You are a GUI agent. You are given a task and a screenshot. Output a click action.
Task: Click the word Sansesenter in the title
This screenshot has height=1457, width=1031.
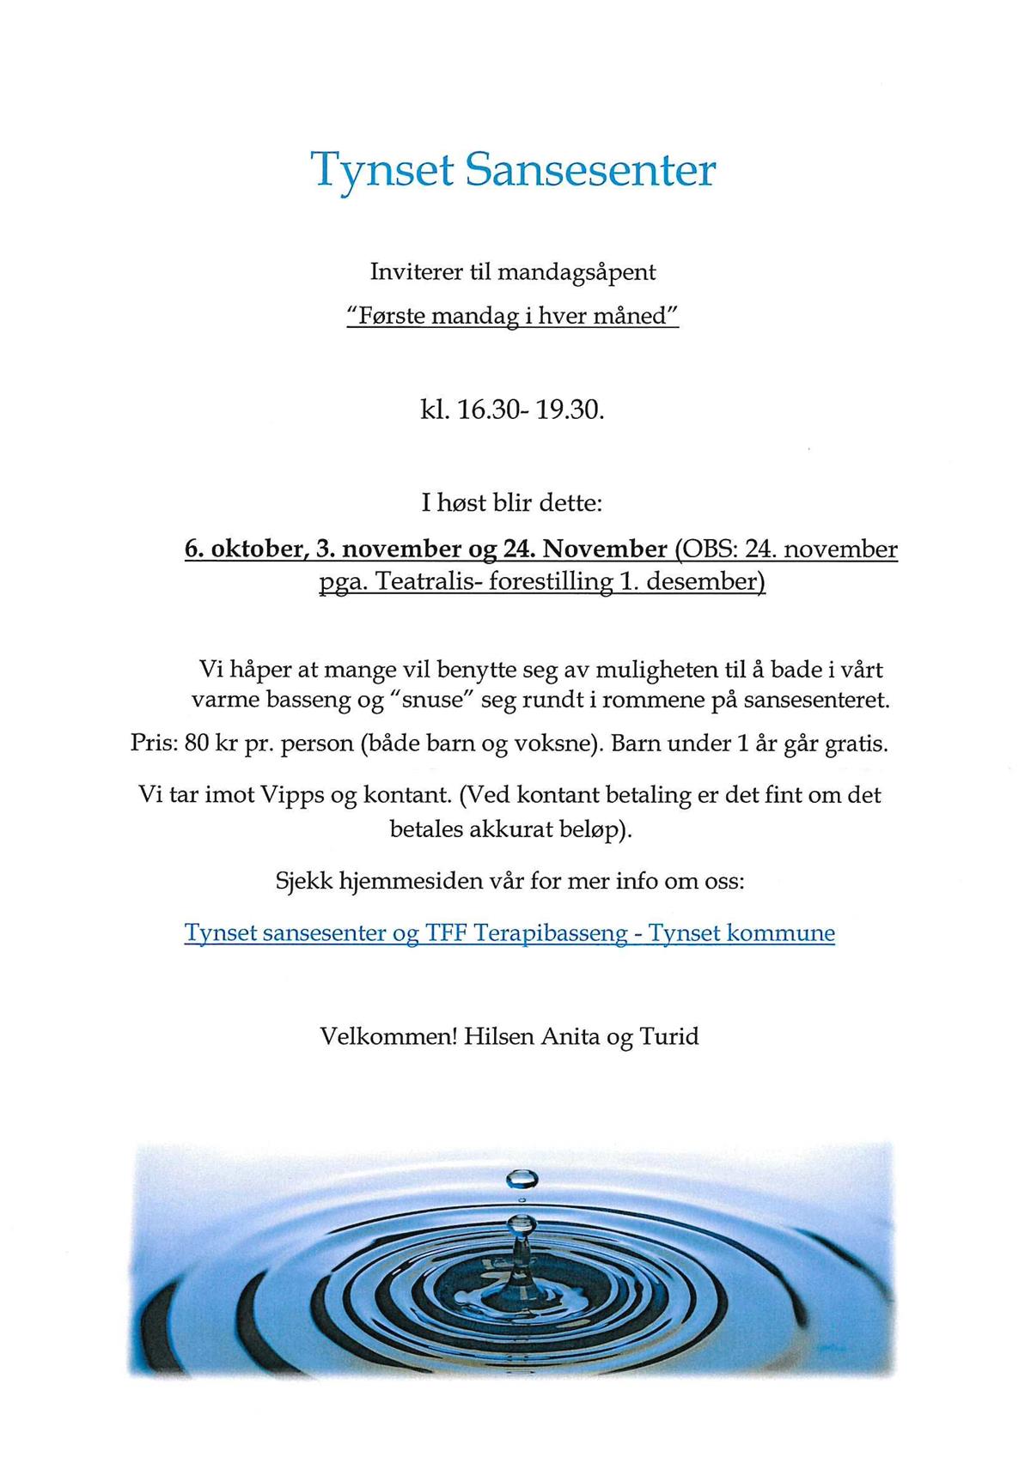590,170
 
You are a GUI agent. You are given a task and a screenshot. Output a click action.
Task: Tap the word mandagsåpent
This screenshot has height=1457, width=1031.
576,273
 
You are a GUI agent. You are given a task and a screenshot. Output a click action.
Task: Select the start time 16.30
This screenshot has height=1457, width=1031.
487,410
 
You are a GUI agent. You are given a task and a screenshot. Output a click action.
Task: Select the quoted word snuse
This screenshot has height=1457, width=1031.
433,700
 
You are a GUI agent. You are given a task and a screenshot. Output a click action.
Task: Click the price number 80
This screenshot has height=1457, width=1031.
197,743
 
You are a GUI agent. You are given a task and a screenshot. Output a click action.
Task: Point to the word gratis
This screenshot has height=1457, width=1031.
856,743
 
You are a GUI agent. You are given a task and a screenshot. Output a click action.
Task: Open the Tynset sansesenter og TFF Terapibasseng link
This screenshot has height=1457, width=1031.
509,933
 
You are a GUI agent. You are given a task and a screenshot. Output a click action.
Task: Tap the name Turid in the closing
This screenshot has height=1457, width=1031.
669,1036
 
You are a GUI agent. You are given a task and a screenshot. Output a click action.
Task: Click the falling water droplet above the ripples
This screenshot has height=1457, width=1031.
521,1178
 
